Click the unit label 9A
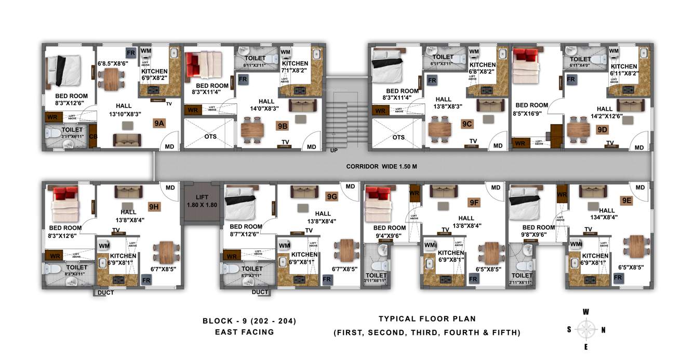click(x=159, y=123)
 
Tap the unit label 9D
click(x=602, y=129)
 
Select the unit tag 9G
click(x=332, y=196)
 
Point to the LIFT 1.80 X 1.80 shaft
click(x=202, y=201)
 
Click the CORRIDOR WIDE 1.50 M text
click(x=382, y=167)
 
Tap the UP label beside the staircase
click(x=333, y=150)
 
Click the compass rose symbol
click(x=586, y=329)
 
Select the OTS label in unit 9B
click(x=210, y=137)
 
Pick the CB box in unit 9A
click(x=93, y=137)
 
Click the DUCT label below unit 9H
click(x=105, y=292)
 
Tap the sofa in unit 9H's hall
click(x=126, y=192)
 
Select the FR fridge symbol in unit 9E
click(x=618, y=278)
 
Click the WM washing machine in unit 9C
click(x=474, y=52)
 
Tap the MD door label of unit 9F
click(x=496, y=188)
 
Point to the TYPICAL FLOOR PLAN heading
click(x=426, y=319)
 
